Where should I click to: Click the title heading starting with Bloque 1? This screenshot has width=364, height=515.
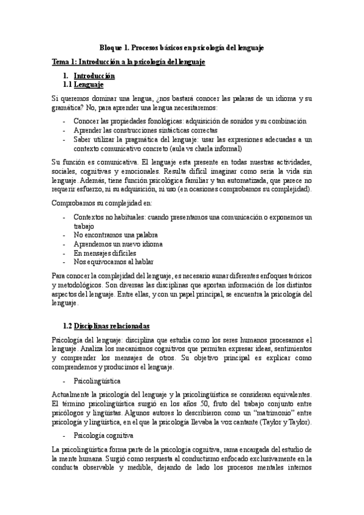(182, 47)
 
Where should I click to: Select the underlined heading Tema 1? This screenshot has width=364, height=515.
(128, 62)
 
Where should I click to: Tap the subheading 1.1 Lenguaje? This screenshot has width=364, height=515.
(92, 85)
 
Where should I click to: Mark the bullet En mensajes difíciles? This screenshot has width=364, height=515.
(104, 253)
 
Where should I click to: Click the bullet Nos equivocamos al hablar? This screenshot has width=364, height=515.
(113, 262)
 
